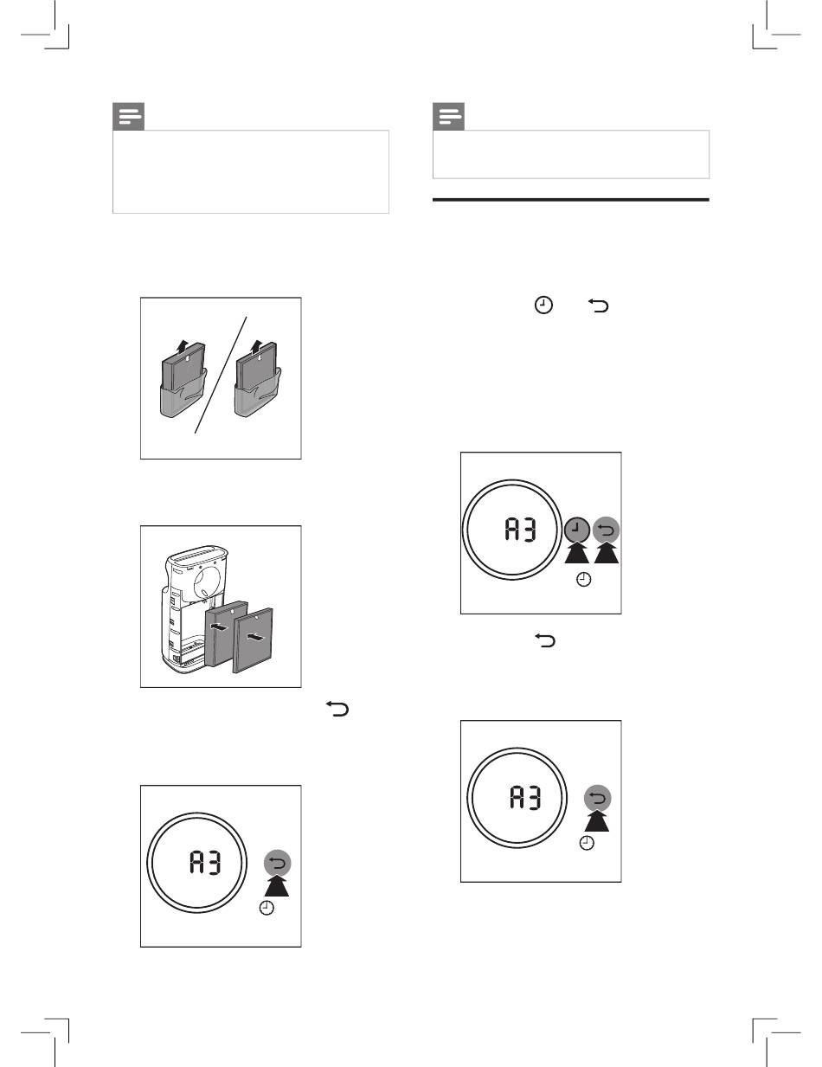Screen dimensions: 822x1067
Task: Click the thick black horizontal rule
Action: coord(571,200)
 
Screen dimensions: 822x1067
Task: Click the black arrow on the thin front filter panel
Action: coord(255,638)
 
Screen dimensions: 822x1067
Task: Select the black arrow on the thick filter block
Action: coord(220,627)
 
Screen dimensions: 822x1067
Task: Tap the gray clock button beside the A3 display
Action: coord(577,530)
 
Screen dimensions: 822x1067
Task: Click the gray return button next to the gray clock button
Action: coord(606,530)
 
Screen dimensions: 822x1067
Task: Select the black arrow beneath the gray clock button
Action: coord(577,552)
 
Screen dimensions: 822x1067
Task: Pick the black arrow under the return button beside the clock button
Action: coord(607,552)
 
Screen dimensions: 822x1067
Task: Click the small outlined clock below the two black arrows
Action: coord(583,580)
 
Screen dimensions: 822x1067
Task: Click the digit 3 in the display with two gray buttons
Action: coord(529,530)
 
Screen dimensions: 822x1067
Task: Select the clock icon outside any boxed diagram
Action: coord(543,305)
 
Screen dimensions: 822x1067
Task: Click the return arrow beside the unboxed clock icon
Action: coord(598,306)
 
